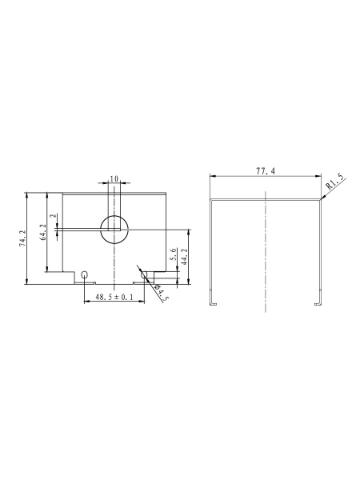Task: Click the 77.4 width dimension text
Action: (x=265, y=172)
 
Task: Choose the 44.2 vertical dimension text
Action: (x=184, y=255)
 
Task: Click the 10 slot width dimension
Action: (x=114, y=178)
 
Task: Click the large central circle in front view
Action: (x=114, y=227)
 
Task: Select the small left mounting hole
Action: (x=85, y=275)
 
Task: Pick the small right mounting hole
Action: (x=144, y=275)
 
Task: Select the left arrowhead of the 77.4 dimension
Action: (x=213, y=177)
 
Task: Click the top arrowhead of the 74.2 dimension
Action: (x=27, y=194)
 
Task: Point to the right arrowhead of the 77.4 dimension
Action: (x=318, y=177)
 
